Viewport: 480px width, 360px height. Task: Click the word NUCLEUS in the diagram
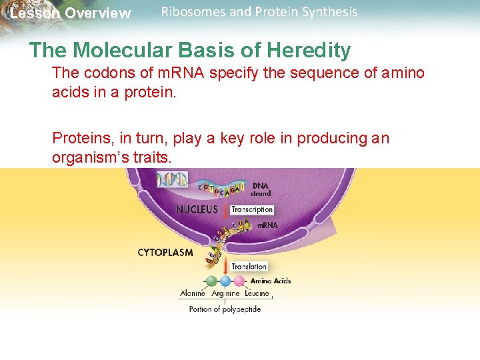197,209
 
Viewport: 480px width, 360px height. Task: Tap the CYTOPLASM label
165,253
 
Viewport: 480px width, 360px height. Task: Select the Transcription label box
252,209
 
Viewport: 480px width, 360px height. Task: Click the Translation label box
249,267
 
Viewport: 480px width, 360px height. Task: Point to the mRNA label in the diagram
267,225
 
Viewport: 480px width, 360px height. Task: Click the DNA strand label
261,189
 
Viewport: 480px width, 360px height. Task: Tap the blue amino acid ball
225,281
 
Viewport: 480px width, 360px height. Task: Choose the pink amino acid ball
239,281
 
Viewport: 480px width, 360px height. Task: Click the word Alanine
193,293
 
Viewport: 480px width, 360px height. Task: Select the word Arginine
225,293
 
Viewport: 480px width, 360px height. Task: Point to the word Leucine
257,293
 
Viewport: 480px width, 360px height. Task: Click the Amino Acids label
271,281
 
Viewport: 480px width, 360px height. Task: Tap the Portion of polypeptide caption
225,309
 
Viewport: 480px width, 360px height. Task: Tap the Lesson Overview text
71,13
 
